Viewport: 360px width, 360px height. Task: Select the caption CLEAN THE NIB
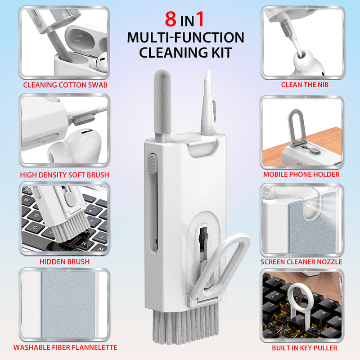(305, 84)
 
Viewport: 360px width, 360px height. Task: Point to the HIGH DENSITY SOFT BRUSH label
(64, 175)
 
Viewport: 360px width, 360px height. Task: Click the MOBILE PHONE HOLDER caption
(301, 174)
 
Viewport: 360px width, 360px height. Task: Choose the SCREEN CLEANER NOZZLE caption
(301, 261)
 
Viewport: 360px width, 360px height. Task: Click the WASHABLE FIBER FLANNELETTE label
(65, 347)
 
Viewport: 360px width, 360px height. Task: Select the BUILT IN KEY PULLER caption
(305, 347)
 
